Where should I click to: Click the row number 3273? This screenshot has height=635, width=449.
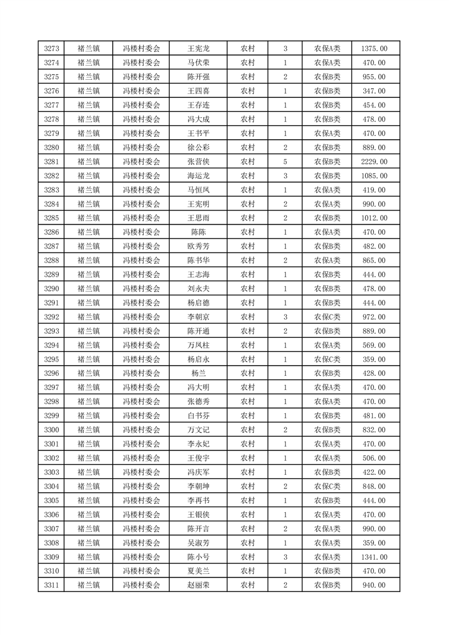[52, 49]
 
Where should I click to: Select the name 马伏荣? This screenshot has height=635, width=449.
[198, 63]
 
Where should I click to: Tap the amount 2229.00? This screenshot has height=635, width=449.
[374, 162]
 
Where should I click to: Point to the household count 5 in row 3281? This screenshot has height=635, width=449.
[285, 162]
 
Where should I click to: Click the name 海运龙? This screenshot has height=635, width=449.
[198, 176]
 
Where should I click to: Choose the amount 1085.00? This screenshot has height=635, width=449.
[374, 176]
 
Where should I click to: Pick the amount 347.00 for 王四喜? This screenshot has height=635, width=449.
[374, 91]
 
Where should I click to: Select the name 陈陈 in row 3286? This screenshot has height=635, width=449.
[198, 232]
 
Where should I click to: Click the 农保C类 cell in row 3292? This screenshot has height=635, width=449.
[327, 317]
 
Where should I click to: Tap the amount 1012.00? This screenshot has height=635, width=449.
[374, 218]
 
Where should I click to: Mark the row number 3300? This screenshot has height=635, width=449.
[52, 430]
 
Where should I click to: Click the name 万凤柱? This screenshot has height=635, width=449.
[198, 345]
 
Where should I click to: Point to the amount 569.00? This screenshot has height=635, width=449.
[374, 345]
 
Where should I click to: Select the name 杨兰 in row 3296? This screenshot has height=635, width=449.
[198, 374]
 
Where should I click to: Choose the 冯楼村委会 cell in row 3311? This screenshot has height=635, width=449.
[142, 585]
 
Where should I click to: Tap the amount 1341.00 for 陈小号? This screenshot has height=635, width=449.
[374, 557]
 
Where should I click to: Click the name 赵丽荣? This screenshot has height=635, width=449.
[198, 585]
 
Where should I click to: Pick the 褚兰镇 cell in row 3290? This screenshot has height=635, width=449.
[88, 289]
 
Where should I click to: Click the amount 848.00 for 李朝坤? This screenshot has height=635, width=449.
[374, 486]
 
